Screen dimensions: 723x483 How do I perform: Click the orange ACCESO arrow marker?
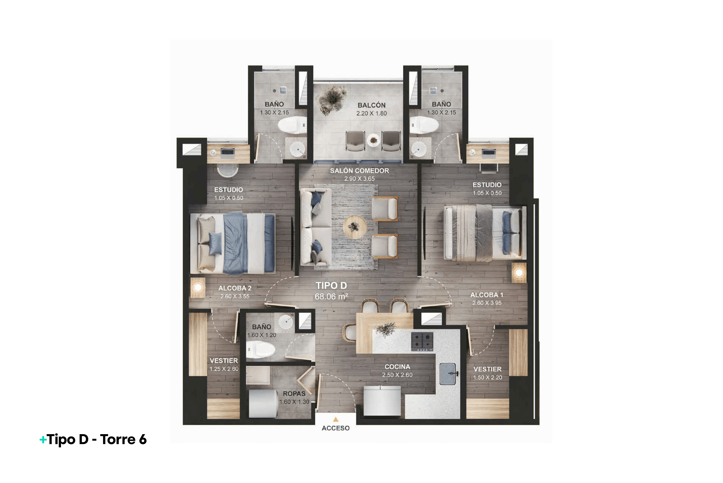(336, 419)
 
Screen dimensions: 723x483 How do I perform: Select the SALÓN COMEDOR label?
(359, 171)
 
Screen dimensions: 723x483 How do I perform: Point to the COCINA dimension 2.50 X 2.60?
(397, 375)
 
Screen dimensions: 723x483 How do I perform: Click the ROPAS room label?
(294, 394)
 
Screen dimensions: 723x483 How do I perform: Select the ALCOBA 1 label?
(487, 295)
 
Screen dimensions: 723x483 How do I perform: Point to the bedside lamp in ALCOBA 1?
(519, 273)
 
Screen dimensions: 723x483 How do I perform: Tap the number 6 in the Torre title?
(142, 439)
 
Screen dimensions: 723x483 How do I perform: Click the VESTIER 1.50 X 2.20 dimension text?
(488, 377)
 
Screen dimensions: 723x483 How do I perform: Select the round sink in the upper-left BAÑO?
(297, 150)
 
